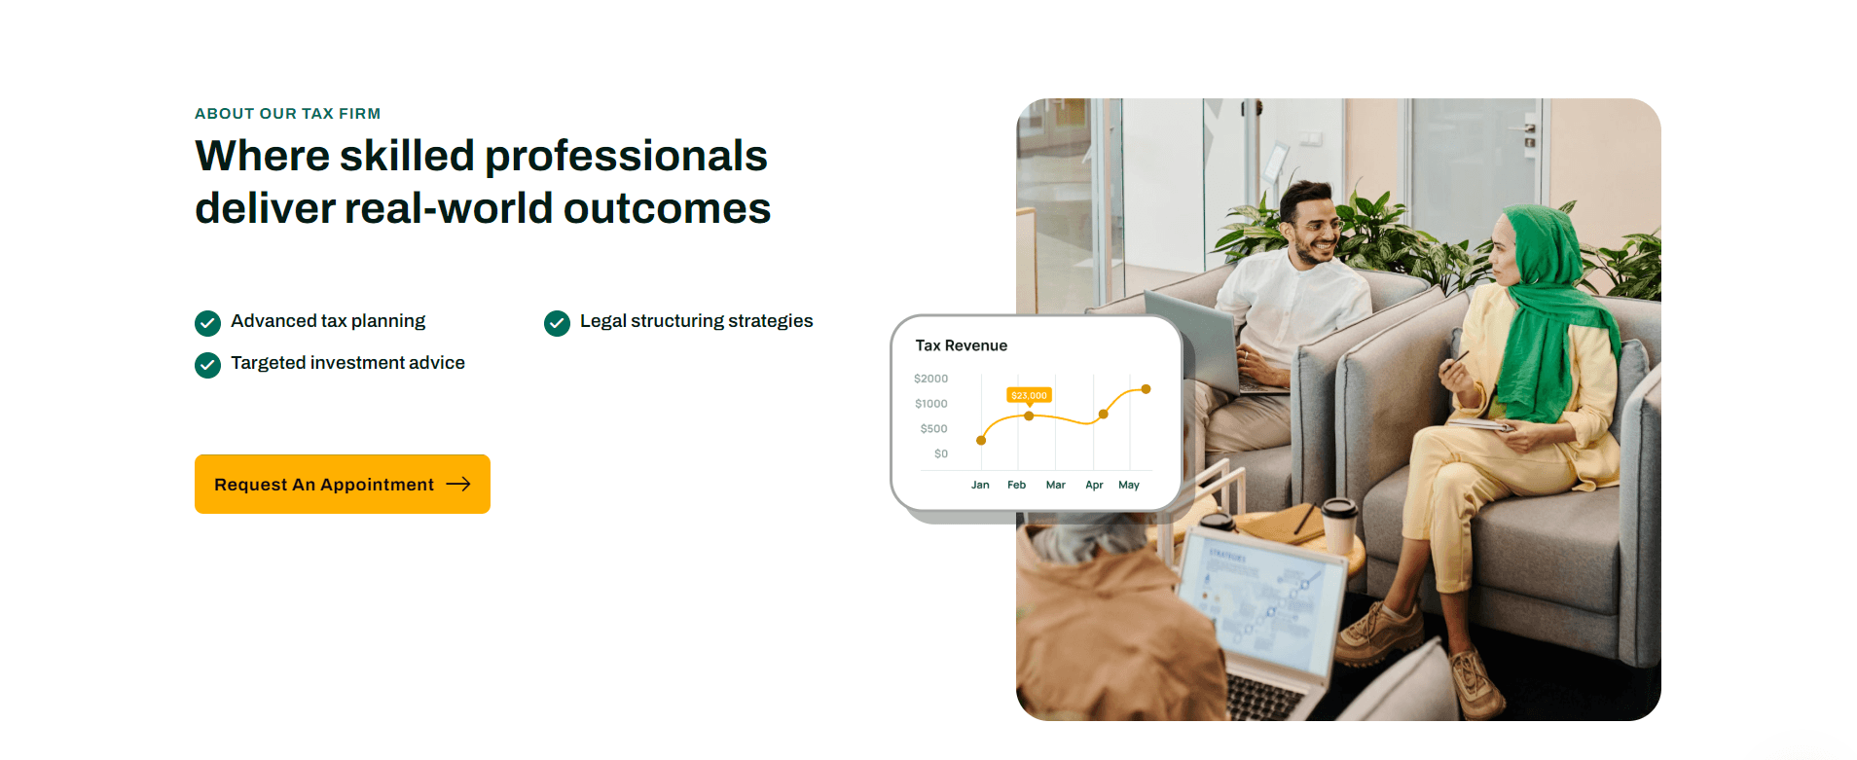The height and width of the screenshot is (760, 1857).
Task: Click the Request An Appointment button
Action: click(343, 484)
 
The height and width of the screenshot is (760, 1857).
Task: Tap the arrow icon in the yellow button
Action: click(458, 484)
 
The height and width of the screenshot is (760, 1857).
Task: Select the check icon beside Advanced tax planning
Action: click(207, 323)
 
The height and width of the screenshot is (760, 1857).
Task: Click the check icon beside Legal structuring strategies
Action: click(557, 323)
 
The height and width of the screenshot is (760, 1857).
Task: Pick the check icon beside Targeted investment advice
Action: click(207, 365)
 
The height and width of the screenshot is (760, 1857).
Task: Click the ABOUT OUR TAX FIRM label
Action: click(287, 114)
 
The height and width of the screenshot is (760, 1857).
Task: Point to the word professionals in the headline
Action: click(626, 156)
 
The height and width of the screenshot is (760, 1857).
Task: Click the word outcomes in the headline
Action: click(667, 208)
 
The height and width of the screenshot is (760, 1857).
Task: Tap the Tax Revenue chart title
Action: click(962, 345)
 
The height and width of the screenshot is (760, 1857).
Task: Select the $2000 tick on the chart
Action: click(930, 379)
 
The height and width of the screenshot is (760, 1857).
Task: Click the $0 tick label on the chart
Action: click(941, 453)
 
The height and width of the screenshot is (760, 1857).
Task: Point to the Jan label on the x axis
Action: click(980, 485)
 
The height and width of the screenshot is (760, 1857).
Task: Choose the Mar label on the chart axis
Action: click(1056, 485)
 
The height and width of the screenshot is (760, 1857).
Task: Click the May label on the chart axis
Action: click(1129, 485)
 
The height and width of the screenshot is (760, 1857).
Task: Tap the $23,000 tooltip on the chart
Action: click(1029, 395)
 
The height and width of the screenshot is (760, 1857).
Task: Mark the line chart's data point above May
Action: click(1147, 389)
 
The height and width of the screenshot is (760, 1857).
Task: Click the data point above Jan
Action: click(981, 441)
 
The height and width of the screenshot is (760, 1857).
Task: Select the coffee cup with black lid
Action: click(1338, 526)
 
